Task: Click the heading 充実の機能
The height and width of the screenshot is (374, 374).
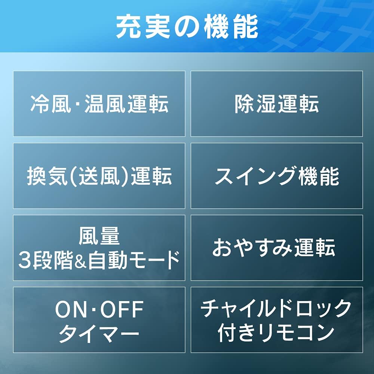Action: pos(187,27)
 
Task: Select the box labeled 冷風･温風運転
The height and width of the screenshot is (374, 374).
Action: pos(99,104)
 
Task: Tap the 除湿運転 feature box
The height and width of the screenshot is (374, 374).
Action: pos(277,104)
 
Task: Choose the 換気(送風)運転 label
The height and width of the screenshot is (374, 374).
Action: pos(99,176)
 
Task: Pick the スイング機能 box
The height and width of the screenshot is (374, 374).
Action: pos(277,176)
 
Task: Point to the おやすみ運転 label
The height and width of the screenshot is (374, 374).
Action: pos(274,248)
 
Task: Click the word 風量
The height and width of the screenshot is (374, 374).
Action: pos(99,236)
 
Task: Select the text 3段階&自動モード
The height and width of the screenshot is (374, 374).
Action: pos(99,260)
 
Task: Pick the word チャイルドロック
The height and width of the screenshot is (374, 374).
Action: pos(277,309)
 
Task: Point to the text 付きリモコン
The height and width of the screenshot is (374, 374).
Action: pos(277,332)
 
